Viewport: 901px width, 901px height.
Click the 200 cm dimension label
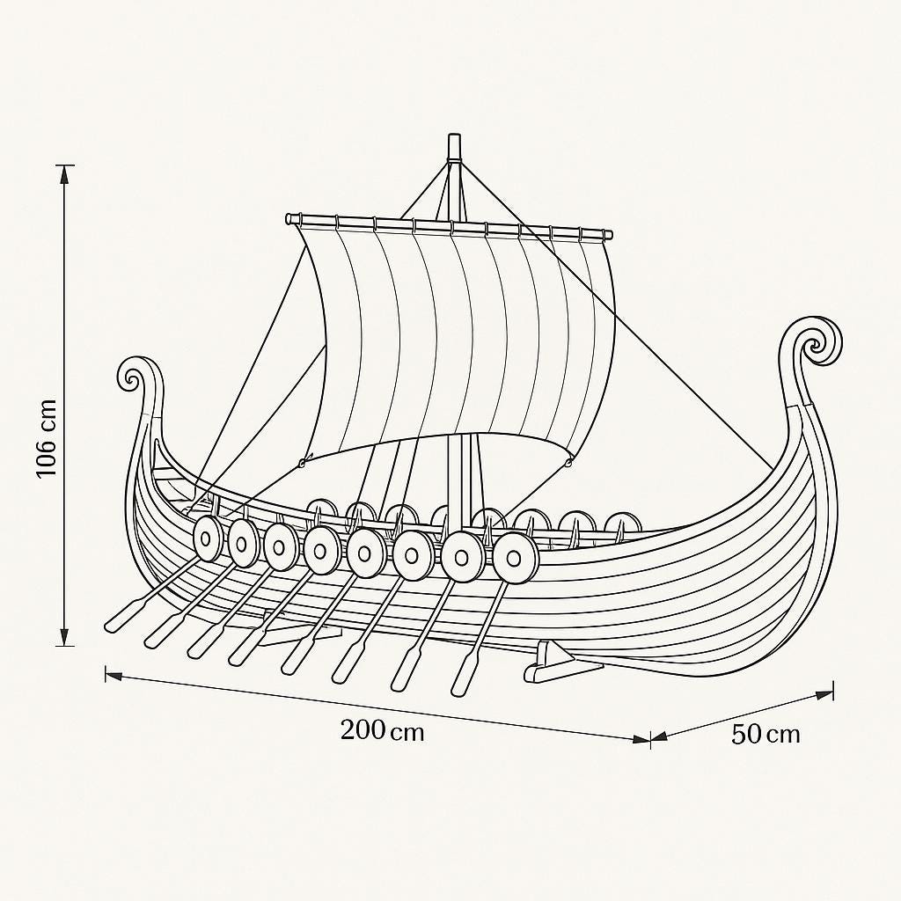382,730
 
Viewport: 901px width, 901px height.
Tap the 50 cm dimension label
765,734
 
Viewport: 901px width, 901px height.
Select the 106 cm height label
46,438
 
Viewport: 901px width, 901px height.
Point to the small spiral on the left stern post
132,377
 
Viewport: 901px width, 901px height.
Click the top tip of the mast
454,140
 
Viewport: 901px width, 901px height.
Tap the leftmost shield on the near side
208,538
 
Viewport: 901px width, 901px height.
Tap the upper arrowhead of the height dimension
63,173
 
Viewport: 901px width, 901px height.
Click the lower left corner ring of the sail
303,462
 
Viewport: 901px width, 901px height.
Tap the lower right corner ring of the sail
568,459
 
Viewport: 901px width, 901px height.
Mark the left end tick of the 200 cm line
106,674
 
